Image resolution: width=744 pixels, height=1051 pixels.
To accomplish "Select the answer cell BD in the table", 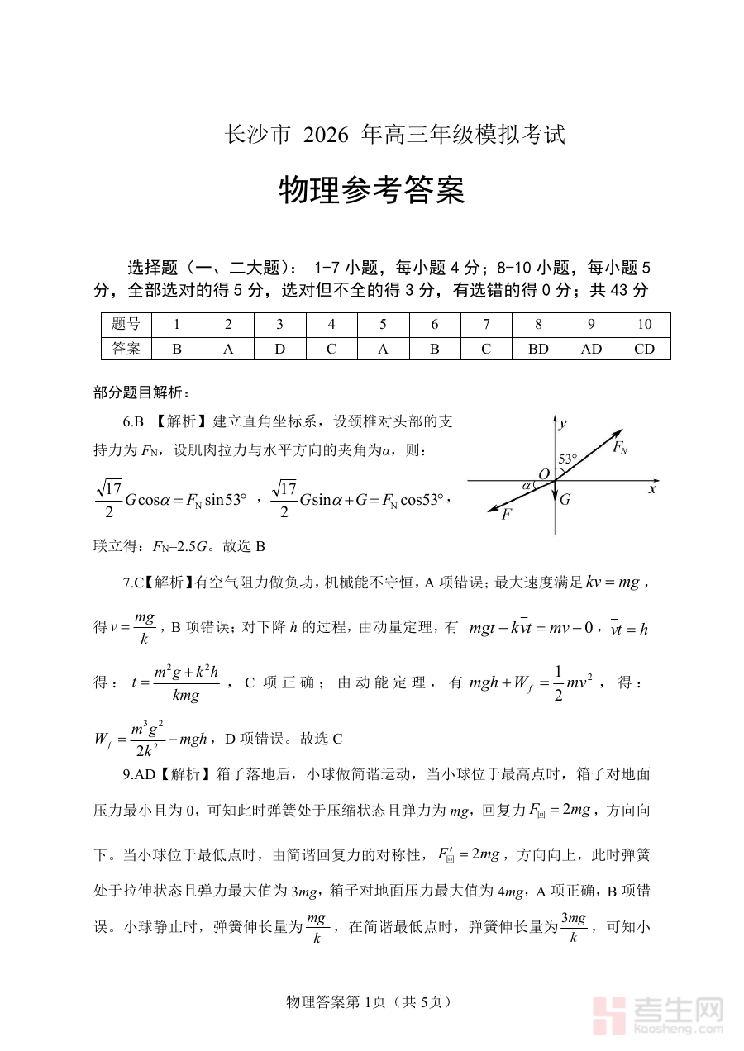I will click(538, 349).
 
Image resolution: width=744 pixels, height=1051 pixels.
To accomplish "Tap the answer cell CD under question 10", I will click(644, 349).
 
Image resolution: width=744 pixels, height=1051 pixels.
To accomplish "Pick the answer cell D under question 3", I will click(279, 349).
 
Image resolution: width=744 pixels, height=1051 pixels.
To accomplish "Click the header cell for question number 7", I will click(486, 324).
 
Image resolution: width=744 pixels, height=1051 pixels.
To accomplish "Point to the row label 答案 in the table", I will click(126, 349).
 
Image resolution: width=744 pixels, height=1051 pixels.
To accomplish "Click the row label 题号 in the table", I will click(126, 324).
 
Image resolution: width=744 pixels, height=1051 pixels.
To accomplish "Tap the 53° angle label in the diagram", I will click(568, 459).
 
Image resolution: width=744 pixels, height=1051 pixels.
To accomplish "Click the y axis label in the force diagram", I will click(562, 424).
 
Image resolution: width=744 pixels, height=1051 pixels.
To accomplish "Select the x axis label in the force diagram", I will click(652, 489).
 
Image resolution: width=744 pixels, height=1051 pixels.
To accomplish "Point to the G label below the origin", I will click(565, 499).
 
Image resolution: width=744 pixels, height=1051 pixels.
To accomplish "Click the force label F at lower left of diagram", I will click(506, 515).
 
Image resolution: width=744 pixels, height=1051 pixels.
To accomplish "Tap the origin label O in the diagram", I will click(544, 474).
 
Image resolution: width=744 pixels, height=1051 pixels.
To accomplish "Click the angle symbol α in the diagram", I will click(527, 485).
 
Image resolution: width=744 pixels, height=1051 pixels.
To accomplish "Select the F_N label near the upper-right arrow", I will click(619, 447).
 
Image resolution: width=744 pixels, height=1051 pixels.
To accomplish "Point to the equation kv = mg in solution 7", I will click(612, 583).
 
